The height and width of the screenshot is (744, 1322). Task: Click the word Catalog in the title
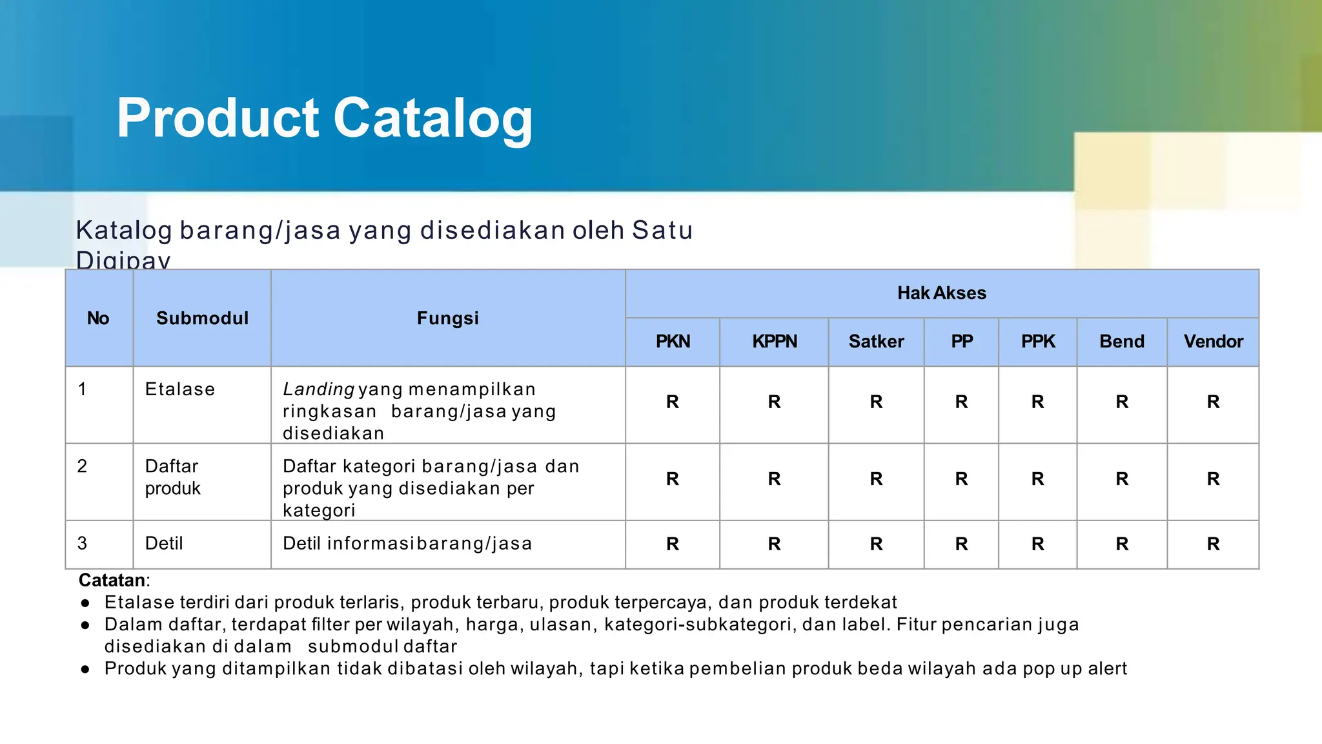point(432,119)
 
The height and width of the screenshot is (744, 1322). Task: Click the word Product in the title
point(218,119)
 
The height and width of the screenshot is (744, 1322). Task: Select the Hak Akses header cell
point(941,293)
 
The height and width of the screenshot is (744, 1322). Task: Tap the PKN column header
point(673,342)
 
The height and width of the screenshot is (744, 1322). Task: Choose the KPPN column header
point(774,342)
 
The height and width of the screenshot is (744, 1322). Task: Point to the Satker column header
point(876,342)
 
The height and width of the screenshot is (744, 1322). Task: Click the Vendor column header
point(1213,342)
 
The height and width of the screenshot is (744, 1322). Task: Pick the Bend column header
point(1122,342)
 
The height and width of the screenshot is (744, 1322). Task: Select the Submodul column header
point(202,318)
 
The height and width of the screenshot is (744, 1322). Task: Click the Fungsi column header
point(448,318)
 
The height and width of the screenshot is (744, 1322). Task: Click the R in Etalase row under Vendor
point(1213,402)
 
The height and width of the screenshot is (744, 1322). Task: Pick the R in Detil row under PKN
point(673,544)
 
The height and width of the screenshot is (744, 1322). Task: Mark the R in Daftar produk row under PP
point(961,479)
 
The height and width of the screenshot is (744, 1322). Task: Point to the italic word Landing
point(318,389)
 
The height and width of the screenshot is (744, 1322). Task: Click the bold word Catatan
point(112,580)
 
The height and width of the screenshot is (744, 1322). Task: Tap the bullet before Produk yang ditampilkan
point(85,669)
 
